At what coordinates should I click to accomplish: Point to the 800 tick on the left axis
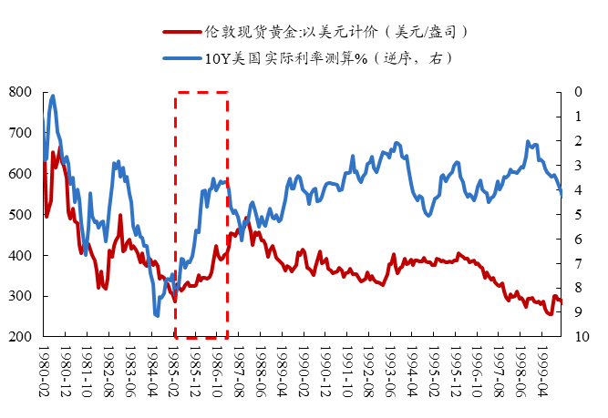coord(21,92)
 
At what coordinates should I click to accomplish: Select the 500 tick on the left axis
coord(21,215)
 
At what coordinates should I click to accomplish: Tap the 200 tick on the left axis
coord(21,337)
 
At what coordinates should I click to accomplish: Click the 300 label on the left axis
coord(21,297)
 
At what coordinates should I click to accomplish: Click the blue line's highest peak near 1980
coord(53,96)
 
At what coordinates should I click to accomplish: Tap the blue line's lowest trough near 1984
coord(157,315)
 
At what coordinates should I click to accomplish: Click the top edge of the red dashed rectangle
coord(201,92)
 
